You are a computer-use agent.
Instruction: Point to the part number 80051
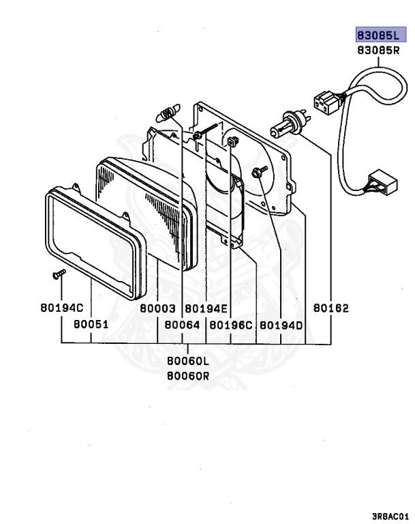click(91, 325)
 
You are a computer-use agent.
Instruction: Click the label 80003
click(158, 308)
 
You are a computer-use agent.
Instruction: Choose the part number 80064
click(182, 325)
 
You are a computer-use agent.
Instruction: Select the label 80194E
click(206, 308)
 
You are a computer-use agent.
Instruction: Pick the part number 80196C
click(231, 325)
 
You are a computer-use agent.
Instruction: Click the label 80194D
click(281, 325)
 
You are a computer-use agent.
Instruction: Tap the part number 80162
click(331, 308)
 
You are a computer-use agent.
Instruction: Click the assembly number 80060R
click(188, 375)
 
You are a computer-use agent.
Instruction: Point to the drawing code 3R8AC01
click(390, 516)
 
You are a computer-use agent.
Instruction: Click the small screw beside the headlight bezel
click(58, 275)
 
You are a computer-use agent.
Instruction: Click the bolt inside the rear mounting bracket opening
click(258, 172)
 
